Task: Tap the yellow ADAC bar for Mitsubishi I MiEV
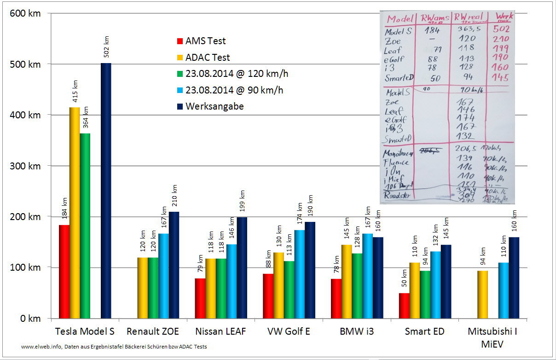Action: tap(481, 295)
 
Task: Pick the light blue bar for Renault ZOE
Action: tap(163, 276)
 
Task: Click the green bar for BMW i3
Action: tap(357, 286)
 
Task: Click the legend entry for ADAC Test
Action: tap(208, 58)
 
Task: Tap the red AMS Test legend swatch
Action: tap(180, 41)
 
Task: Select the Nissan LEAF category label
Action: tap(220, 331)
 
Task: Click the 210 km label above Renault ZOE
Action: tap(174, 196)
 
